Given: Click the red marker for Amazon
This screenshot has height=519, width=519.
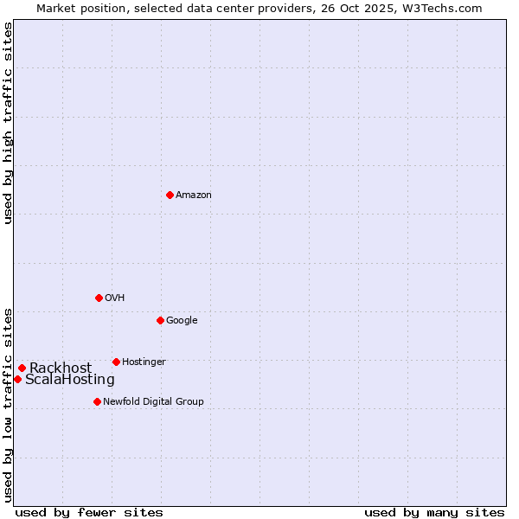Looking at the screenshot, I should [x=170, y=195].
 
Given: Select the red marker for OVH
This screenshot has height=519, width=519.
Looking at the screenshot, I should [x=99, y=298].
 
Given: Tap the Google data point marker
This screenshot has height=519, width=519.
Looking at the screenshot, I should [x=160, y=320].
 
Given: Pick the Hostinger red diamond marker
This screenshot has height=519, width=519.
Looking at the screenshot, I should [x=116, y=362].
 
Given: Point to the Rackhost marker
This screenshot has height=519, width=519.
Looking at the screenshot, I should [x=22, y=368].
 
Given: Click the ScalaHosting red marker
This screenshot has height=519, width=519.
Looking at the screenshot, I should [x=17, y=379].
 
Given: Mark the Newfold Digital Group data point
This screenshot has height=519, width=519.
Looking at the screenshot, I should [x=97, y=401].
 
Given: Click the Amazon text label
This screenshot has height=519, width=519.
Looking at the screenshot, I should [x=194, y=195].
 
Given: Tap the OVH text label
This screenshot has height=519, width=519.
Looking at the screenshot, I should [x=115, y=298].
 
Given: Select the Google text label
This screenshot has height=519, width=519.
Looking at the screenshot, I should [x=182, y=321].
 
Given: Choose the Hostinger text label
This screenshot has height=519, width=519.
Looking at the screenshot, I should [x=144, y=362].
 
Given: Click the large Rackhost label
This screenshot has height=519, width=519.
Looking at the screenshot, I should [x=61, y=368].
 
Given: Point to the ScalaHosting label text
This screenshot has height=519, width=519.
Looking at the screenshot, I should [x=70, y=380].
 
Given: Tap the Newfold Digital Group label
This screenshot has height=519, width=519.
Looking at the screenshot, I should [x=153, y=402].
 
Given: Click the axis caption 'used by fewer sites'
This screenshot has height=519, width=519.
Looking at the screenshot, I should [x=89, y=512].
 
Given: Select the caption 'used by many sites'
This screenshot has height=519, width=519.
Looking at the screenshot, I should [x=434, y=512].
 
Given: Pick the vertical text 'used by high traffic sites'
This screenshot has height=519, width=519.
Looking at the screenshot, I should [x=9, y=123].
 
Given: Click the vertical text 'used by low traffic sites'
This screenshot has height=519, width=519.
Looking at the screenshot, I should [x=9, y=404].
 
